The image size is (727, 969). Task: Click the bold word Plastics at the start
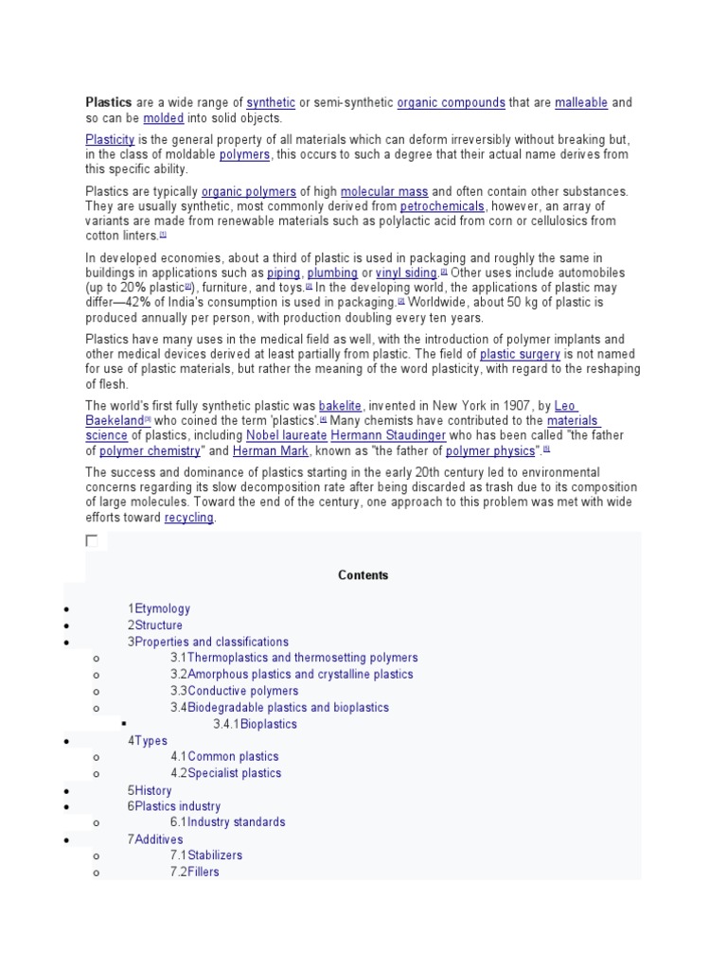pyautogui.click(x=109, y=102)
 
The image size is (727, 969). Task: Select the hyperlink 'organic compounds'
pyautogui.click(x=451, y=102)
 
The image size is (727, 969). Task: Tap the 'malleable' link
pyautogui.click(x=581, y=102)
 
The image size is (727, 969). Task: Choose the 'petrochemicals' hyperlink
pyautogui.click(x=442, y=205)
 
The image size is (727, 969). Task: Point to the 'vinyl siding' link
pyautogui.click(x=407, y=273)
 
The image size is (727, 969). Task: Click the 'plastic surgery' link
pyautogui.click(x=520, y=355)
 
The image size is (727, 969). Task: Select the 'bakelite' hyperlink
pyautogui.click(x=341, y=405)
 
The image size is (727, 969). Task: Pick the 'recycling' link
pyautogui.click(x=189, y=519)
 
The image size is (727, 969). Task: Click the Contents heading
pyautogui.click(x=363, y=575)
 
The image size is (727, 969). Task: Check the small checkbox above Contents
pyautogui.click(x=92, y=541)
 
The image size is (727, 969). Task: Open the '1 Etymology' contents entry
pyautogui.click(x=159, y=608)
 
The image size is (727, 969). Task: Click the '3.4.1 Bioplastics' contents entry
pyautogui.click(x=255, y=724)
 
